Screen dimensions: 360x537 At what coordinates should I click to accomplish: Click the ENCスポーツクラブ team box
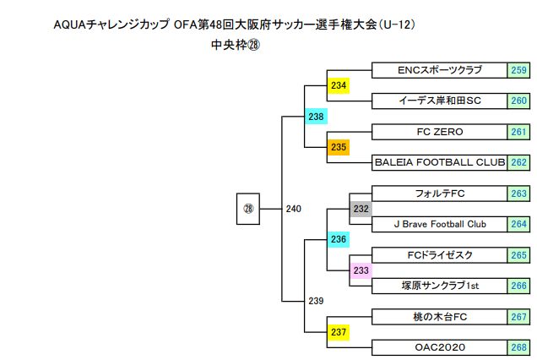[439, 70]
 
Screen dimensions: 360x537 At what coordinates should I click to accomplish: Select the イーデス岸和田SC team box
[439, 101]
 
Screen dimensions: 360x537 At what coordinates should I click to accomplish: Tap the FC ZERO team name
[439, 132]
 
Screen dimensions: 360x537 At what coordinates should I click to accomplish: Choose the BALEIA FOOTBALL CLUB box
[439, 162]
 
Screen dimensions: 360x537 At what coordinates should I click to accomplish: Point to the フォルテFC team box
[439, 194]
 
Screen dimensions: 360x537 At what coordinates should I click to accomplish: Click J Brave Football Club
[439, 224]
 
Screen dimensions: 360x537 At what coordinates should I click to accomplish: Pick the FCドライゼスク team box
[439, 254]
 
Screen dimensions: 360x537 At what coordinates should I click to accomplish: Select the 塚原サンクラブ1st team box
[439, 286]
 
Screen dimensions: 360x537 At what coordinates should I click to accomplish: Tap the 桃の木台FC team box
[439, 316]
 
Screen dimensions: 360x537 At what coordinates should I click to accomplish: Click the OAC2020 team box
[439, 347]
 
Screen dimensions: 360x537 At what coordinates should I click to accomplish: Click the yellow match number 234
[339, 85]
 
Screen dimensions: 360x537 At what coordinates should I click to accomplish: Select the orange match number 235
[339, 147]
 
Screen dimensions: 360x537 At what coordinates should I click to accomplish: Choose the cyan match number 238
[316, 117]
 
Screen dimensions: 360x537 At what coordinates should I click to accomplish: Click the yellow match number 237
[339, 332]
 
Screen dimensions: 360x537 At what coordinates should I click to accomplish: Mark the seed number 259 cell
[518, 70]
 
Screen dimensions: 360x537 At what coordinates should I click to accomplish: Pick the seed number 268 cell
[518, 347]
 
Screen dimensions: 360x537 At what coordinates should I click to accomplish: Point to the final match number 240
[294, 209]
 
